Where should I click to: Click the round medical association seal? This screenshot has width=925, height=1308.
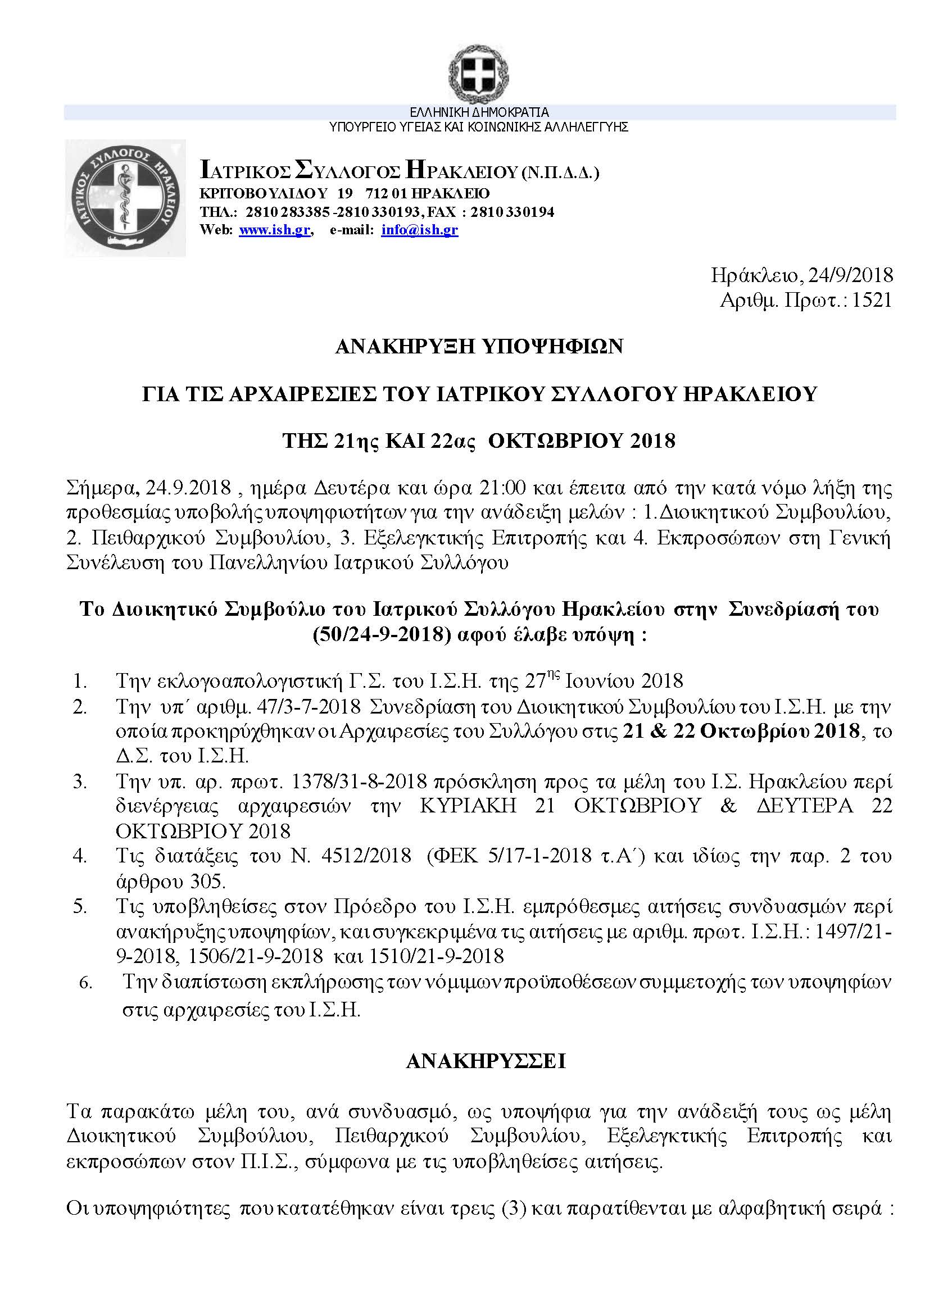pos(125,199)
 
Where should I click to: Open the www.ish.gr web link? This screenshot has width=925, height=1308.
pos(275,230)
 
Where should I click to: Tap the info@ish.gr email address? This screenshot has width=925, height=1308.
pos(419,230)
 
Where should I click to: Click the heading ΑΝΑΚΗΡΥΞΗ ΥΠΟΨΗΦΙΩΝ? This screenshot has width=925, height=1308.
pos(479,346)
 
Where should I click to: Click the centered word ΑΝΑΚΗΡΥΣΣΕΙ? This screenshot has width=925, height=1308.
pos(486,1062)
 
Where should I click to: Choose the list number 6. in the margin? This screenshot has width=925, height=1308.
pos(85,983)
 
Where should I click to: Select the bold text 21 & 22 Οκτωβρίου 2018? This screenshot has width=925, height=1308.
pos(741,731)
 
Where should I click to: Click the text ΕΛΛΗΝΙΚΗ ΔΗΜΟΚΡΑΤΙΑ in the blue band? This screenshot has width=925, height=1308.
pos(479,113)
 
